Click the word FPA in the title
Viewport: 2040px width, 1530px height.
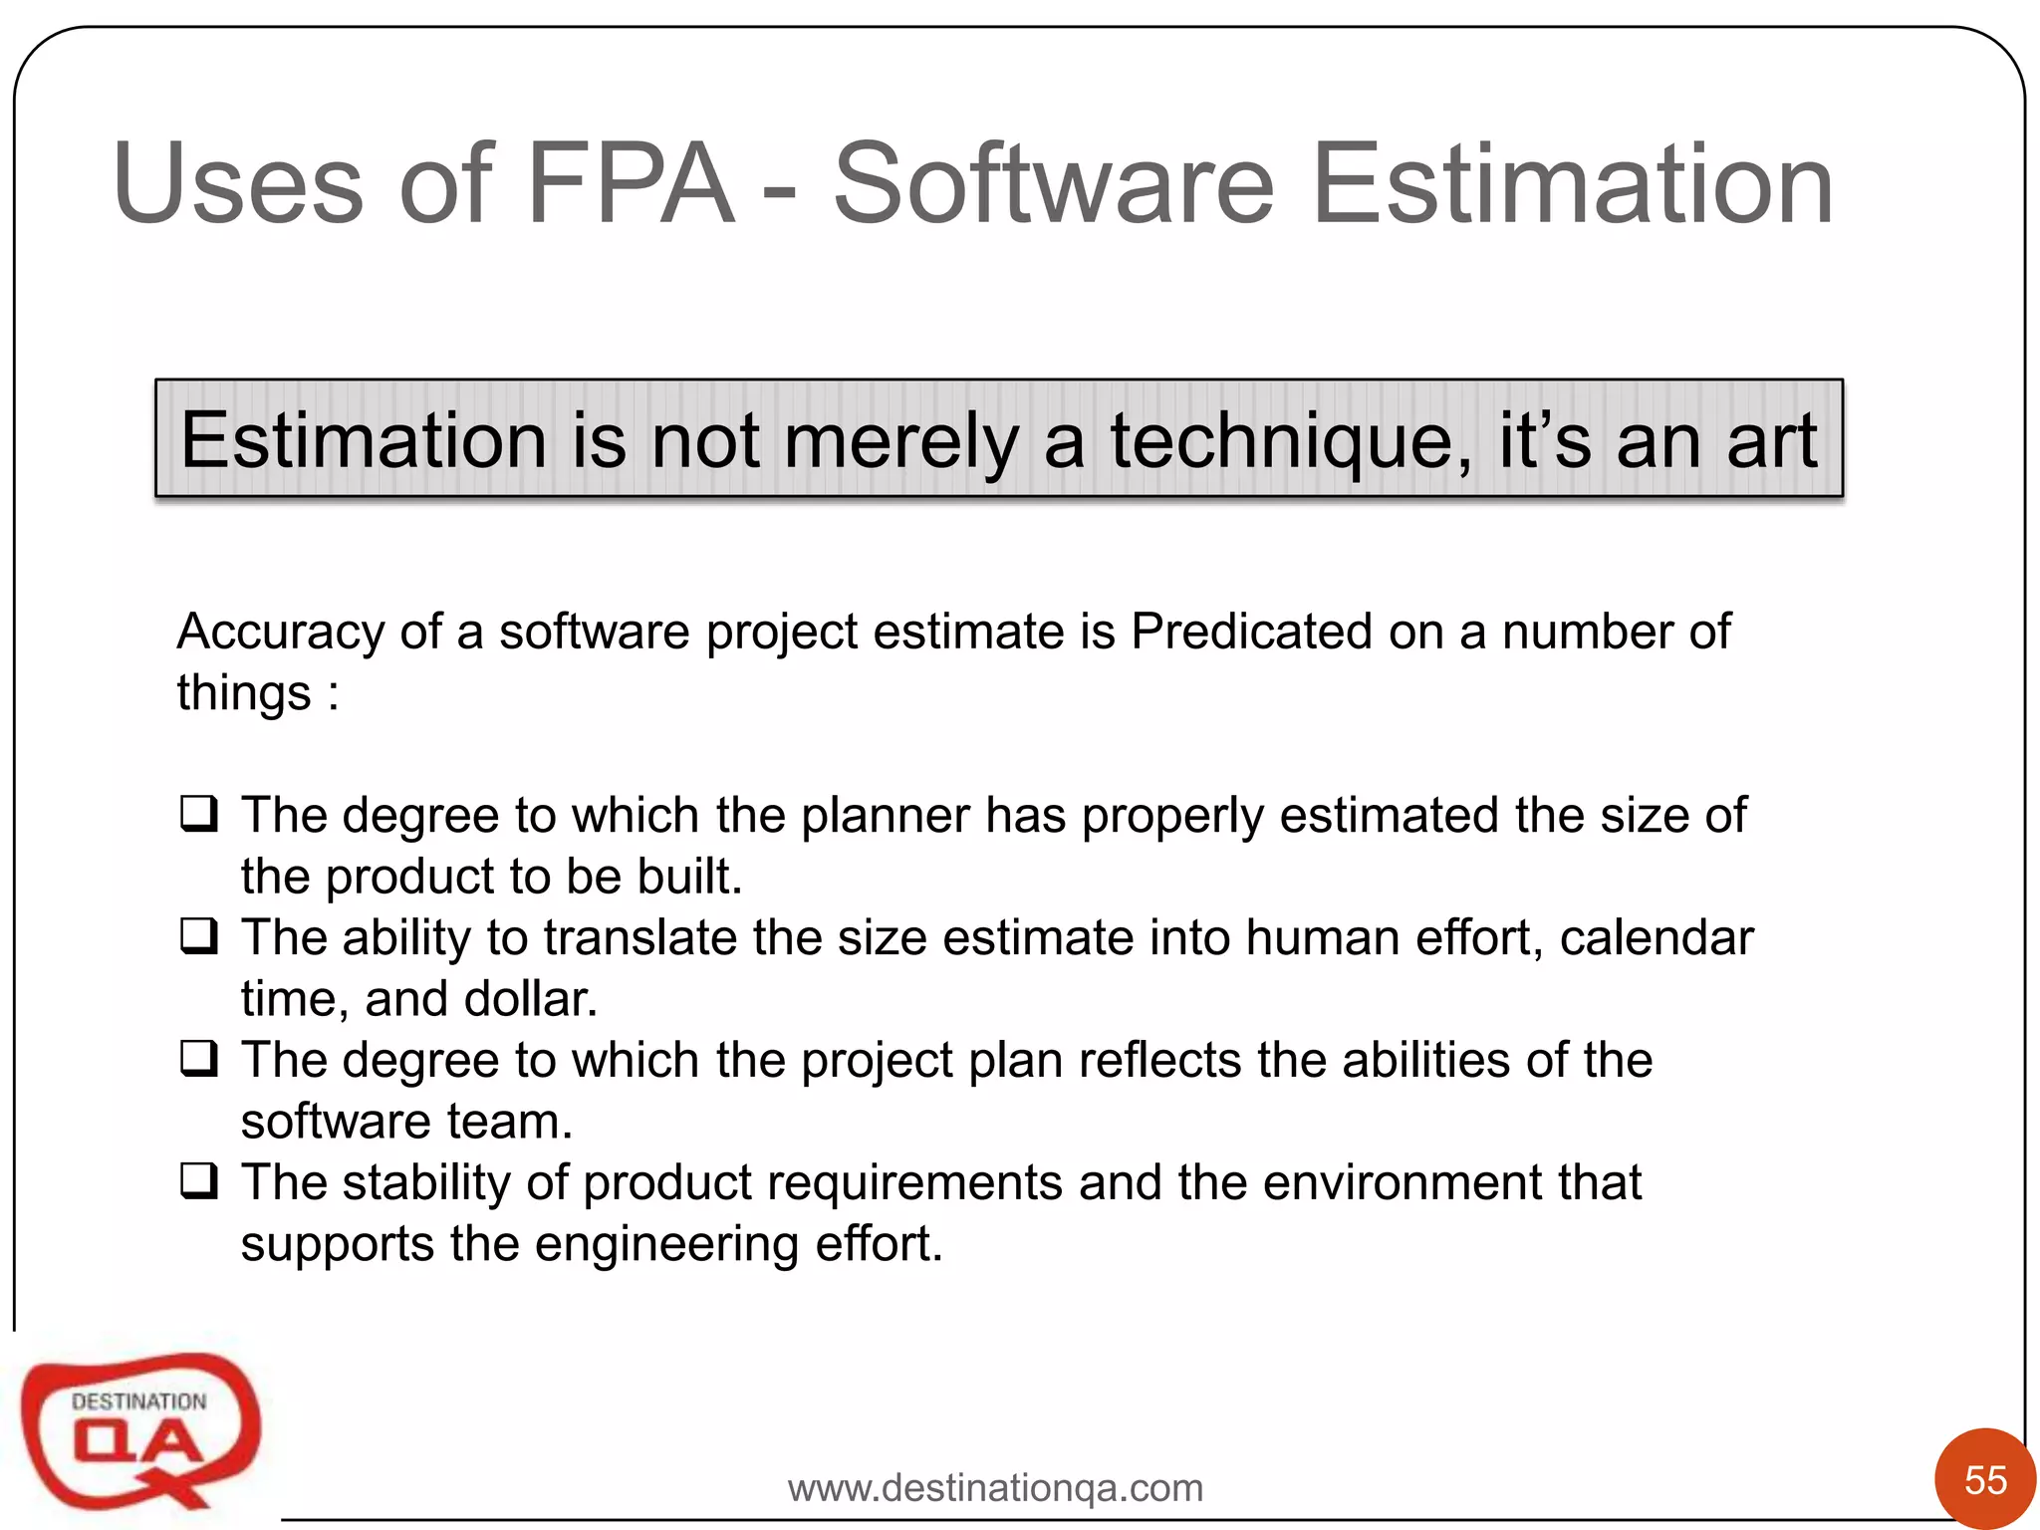coord(630,184)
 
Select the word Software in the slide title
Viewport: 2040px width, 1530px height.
coord(1053,184)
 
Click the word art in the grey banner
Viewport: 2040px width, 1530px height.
coord(1771,441)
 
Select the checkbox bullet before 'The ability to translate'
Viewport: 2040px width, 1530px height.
coord(199,936)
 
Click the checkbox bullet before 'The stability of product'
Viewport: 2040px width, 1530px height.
coord(199,1181)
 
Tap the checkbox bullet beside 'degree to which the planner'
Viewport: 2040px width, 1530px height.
coord(199,814)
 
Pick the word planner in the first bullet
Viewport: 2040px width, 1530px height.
coord(885,816)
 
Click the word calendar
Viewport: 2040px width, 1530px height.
coord(1656,938)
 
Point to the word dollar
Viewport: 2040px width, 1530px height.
coord(530,999)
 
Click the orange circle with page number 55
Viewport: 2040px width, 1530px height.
coord(1984,1479)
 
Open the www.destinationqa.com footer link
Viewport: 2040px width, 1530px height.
coord(995,1488)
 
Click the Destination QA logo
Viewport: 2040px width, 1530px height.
coord(139,1430)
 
